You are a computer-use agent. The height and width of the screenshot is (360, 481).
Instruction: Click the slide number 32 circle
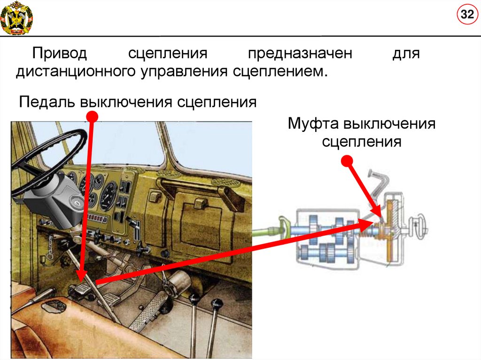(x=466, y=15)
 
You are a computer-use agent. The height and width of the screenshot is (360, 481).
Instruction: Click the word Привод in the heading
(x=59, y=54)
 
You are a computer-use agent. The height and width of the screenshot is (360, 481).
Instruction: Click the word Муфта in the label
(x=313, y=124)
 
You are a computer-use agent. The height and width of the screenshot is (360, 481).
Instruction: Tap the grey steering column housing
(x=54, y=199)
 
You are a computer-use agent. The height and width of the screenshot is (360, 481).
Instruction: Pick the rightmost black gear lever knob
(x=217, y=305)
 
